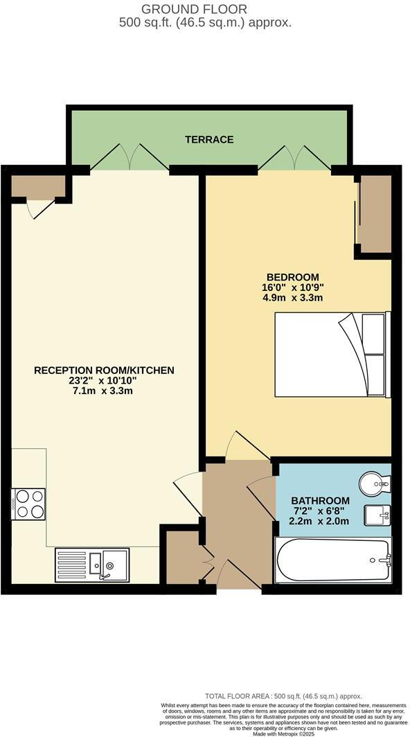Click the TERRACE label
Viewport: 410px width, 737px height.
pos(208,139)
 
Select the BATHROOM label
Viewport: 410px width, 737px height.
pos(320,500)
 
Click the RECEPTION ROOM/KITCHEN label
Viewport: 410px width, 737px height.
pos(104,370)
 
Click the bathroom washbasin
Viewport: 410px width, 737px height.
pos(378,515)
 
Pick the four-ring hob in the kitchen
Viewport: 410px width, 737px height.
pos(28,503)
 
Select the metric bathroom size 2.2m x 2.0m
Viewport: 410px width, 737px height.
pos(320,521)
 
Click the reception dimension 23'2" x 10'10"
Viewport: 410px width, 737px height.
pos(104,380)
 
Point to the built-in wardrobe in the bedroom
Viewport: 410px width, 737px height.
pos(374,215)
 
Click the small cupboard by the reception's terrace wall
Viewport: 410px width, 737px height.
pos(37,186)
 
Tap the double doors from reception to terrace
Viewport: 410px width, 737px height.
pos(130,157)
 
